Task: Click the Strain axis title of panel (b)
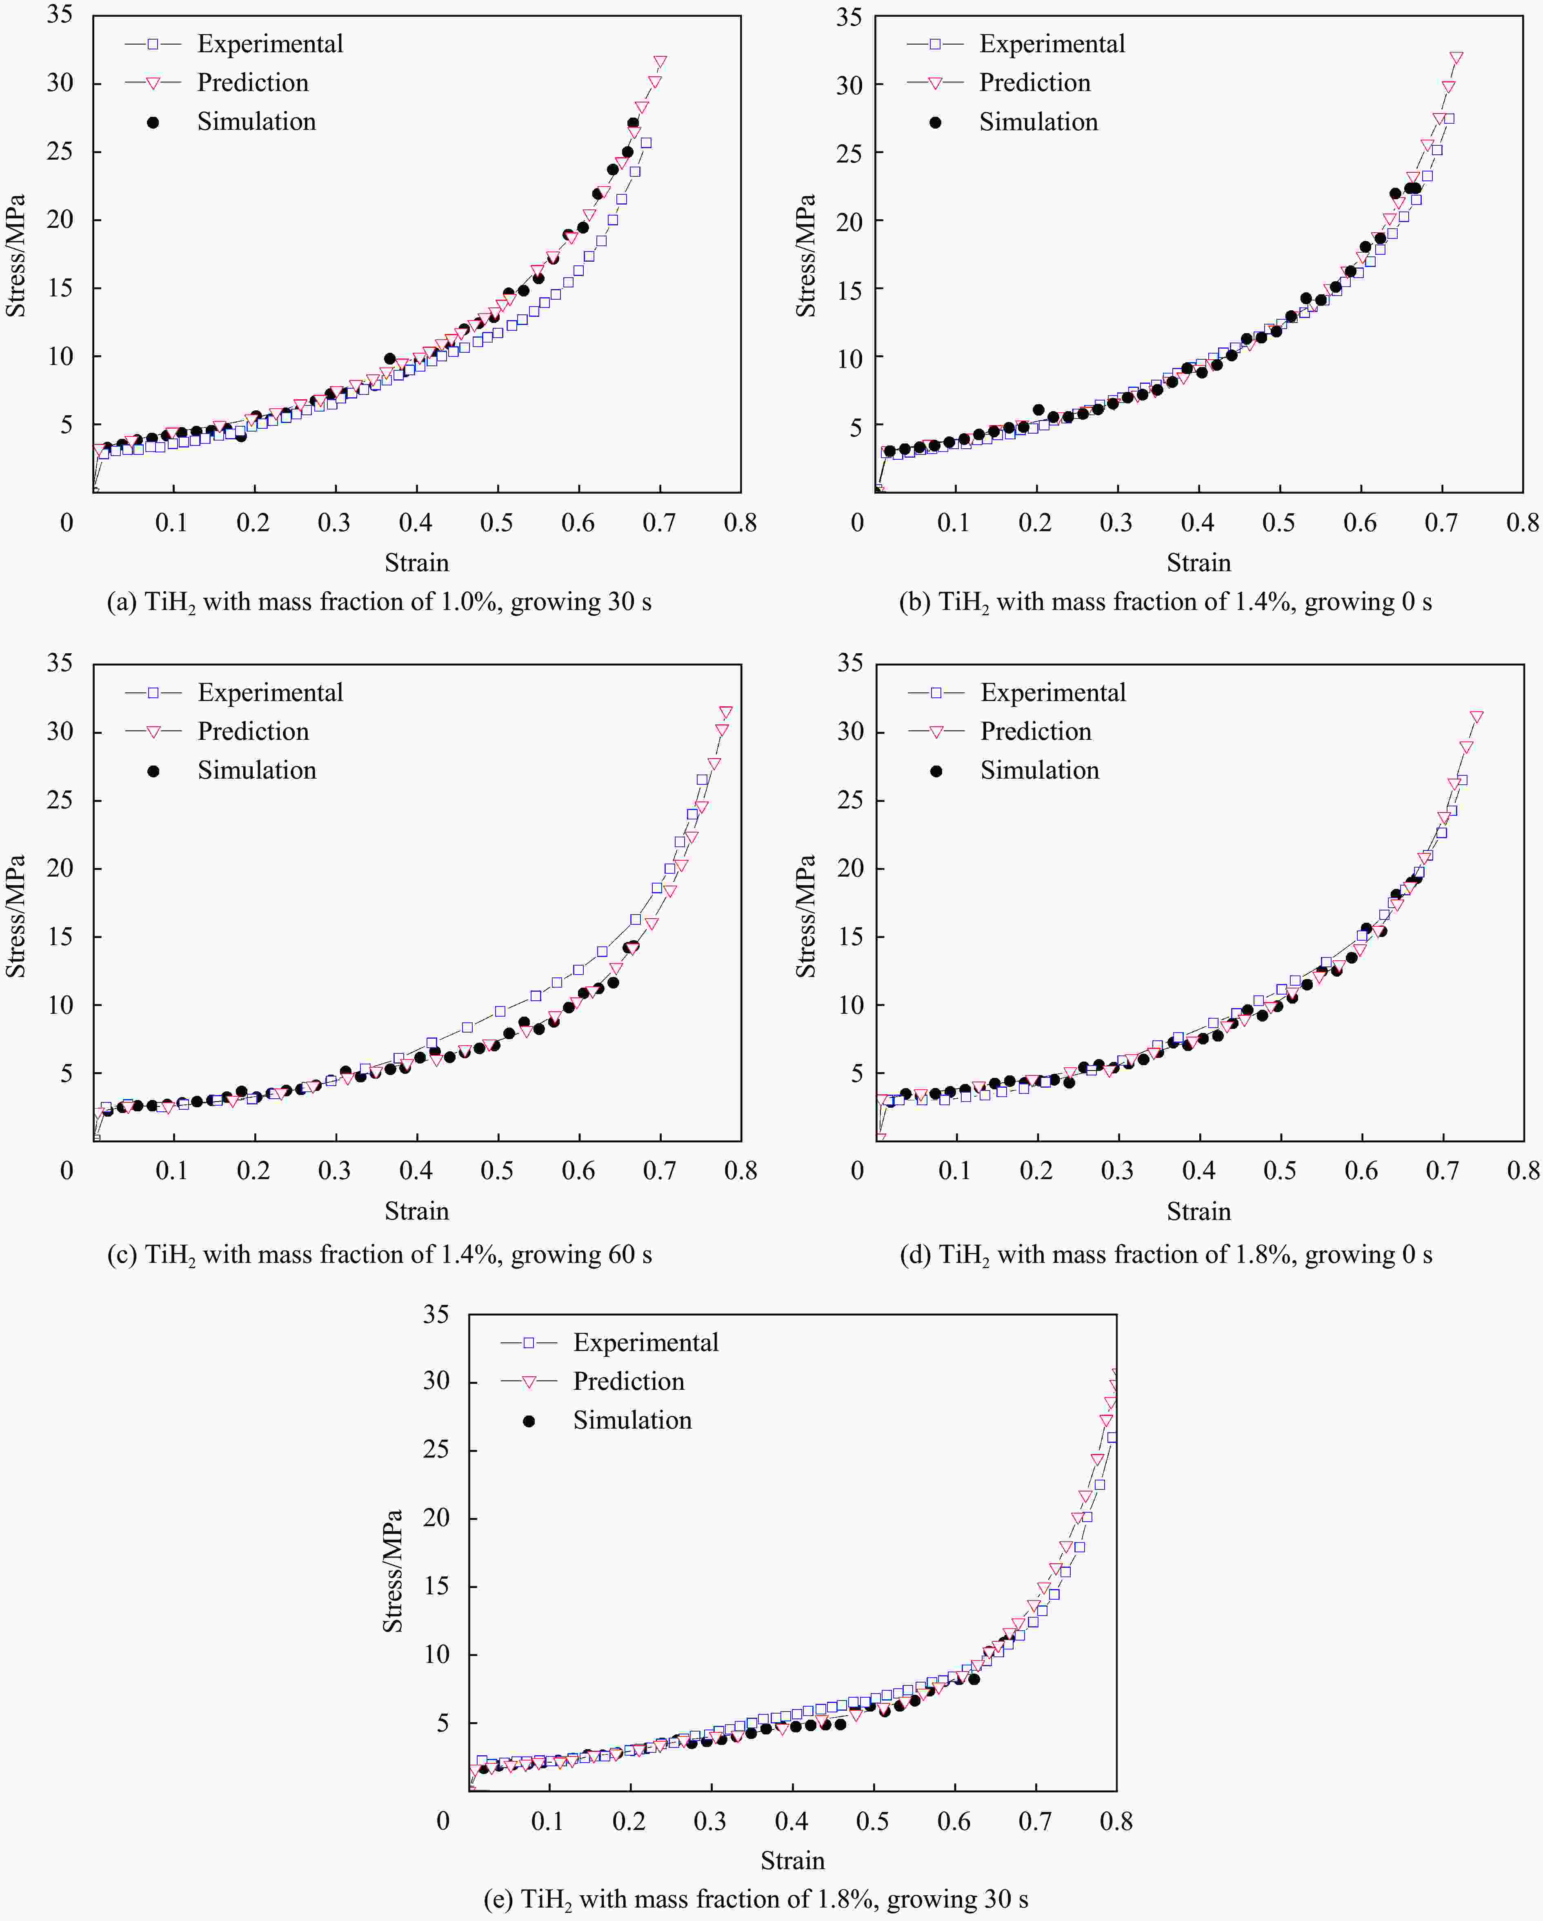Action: tap(1198, 562)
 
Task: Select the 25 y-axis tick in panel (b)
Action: tap(849, 153)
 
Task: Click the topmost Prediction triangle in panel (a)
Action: tap(660, 62)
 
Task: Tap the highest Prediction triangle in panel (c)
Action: tap(726, 713)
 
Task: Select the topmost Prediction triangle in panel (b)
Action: tap(1456, 58)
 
